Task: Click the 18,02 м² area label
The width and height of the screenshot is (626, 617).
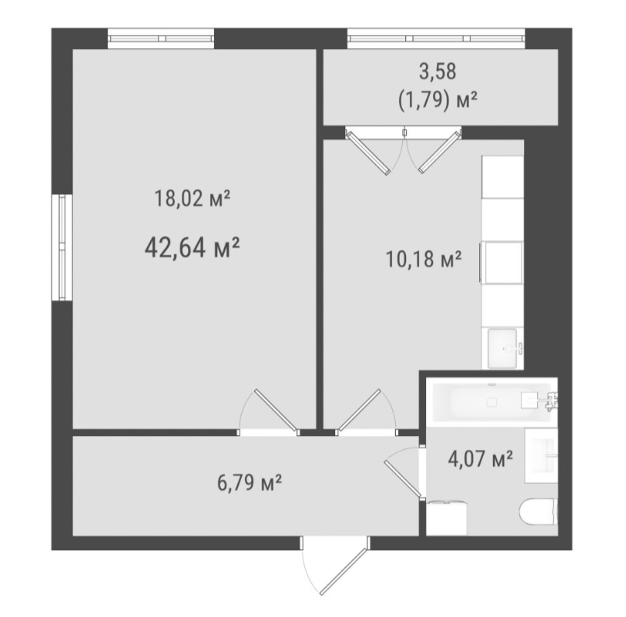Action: pos(192,198)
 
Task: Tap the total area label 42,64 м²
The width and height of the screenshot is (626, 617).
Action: pos(192,247)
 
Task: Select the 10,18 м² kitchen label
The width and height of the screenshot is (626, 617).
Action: pos(424,259)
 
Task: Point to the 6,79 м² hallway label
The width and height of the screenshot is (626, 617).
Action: pos(250,483)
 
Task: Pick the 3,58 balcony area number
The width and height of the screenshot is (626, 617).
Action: pos(438,71)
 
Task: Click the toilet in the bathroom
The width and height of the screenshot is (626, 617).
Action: pos(539,511)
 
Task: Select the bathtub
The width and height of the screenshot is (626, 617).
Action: pos(492,402)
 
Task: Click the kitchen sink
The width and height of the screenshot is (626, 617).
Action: pos(503,348)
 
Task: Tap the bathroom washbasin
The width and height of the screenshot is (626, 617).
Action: pos(541,455)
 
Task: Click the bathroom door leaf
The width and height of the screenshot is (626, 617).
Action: pos(404,479)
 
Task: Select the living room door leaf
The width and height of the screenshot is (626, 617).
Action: pos(277,410)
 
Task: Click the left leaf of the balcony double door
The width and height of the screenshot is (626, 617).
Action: pos(368,153)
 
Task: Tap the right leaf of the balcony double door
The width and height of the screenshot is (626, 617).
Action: pos(439,152)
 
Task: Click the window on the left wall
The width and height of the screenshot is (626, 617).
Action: pos(62,247)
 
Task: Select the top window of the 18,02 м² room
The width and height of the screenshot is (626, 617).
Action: pos(161,39)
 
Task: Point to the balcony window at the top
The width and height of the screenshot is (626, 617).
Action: pos(436,39)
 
